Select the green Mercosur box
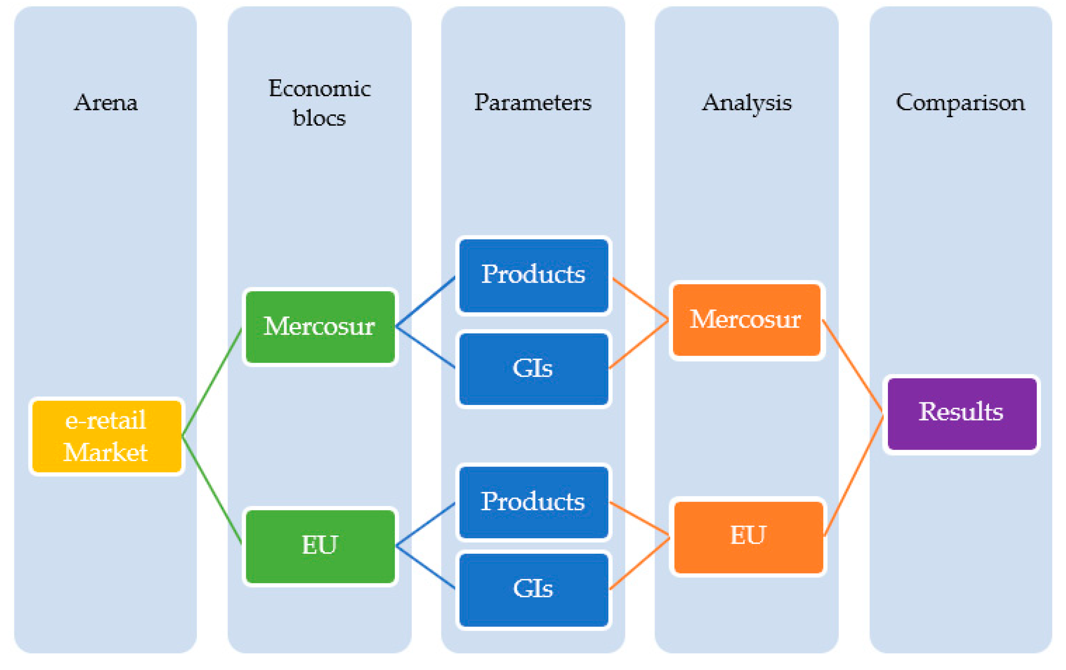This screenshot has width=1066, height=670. (x=320, y=327)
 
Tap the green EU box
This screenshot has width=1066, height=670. (x=320, y=546)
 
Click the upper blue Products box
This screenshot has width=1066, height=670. (x=534, y=275)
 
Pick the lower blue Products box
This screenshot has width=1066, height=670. (x=534, y=502)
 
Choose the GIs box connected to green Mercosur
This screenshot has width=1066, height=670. (x=534, y=368)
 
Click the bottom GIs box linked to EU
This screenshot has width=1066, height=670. (x=534, y=589)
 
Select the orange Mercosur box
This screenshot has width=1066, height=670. (x=746, y=320)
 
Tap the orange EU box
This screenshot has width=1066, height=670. (x=748, y=537)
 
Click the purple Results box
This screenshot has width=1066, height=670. (x=961, y=413)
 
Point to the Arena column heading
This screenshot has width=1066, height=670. (x=106, y=103)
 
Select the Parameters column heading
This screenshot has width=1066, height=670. (x=532, y=103)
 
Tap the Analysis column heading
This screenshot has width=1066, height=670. (x=746, y=103)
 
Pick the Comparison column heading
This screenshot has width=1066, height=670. (x=960, y=103)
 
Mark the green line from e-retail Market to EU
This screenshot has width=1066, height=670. (x=212, y=490)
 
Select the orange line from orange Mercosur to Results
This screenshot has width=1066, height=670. (x=853, y=367)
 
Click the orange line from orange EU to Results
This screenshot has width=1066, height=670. (x=854, y=476)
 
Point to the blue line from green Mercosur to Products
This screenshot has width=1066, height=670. (x=425, y=302)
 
